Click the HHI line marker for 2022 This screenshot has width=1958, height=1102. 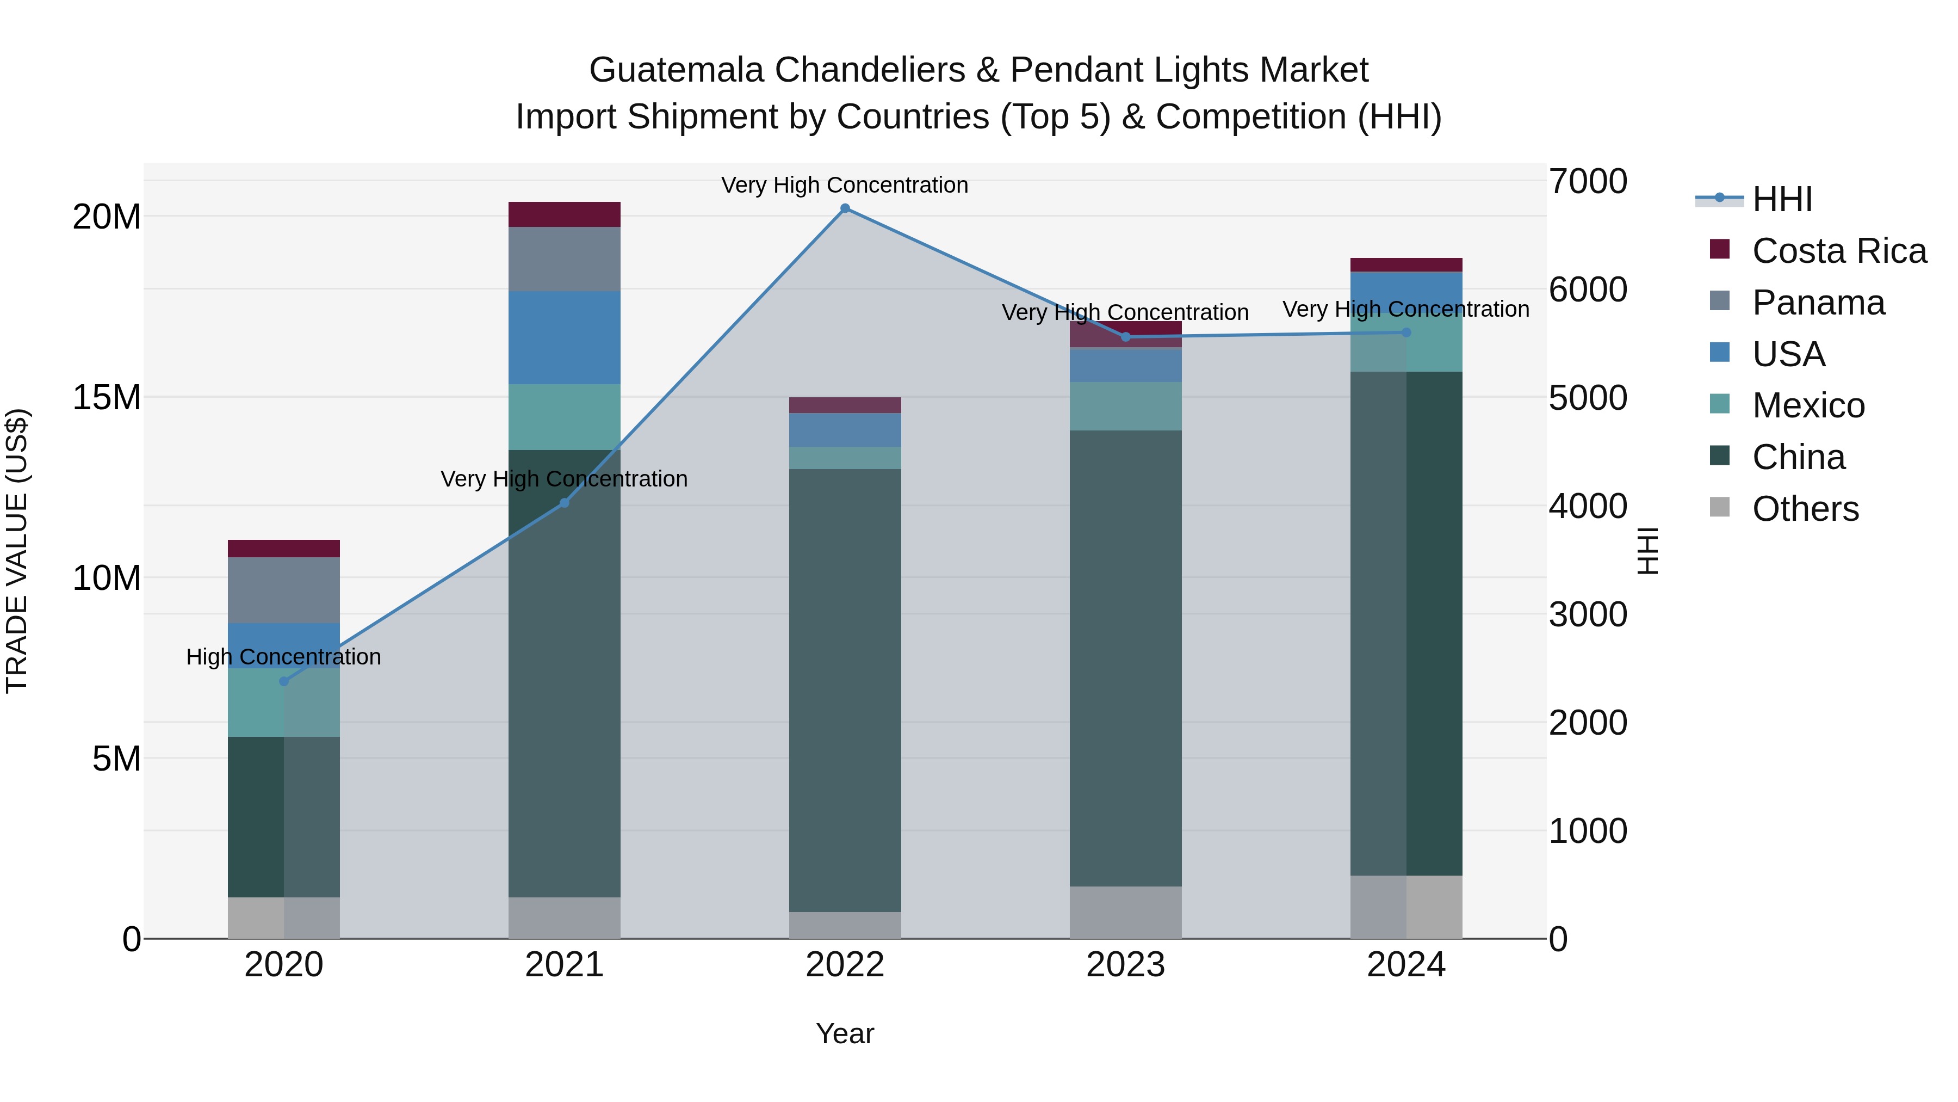tap(845, 208)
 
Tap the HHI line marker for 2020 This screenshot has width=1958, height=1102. tap(283, 681)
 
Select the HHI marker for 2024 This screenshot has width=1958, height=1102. tap(1405, 333)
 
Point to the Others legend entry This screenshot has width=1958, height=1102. tap(1805, 509)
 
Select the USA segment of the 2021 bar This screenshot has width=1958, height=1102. tap(564, 337)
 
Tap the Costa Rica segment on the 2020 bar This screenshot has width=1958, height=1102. tap(283, 549)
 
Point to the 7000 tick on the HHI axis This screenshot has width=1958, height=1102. tap(1588, 182)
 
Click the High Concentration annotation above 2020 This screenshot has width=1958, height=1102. tap(283, 657)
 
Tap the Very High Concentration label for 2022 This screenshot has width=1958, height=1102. tap(845, 186)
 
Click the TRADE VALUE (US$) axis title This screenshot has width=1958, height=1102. tap(17, 551)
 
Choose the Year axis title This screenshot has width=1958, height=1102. tap(845, 1033)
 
